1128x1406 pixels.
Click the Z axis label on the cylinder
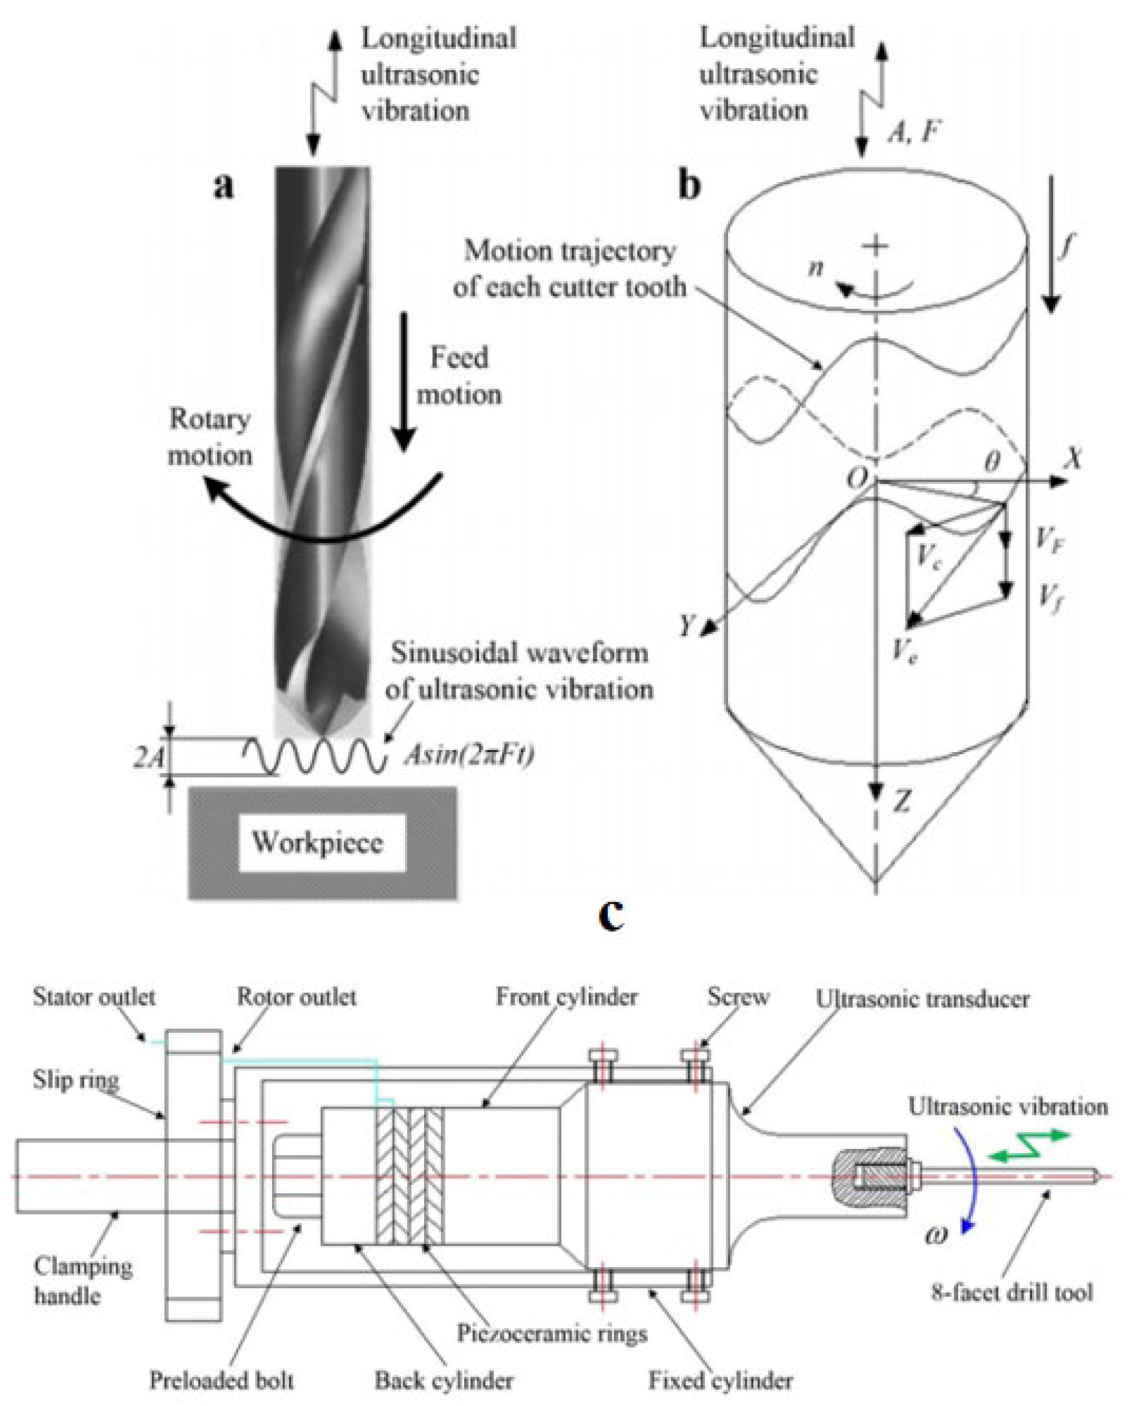click(902, 802)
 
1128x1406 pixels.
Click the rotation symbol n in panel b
click(815, 267)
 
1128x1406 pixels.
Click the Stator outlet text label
click(94, 997)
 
